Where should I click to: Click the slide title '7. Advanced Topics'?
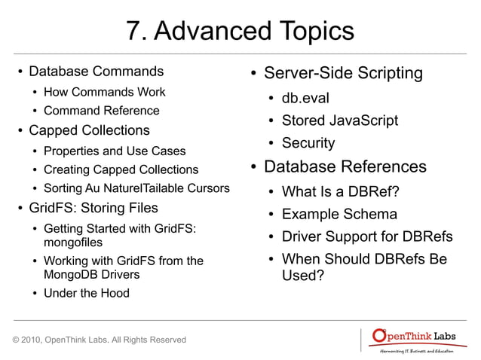[x=240, y=32]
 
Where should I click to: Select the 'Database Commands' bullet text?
[x=96, y=72]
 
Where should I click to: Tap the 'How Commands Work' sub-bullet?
[x=104, y=93]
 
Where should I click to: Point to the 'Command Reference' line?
[x=101, y=111]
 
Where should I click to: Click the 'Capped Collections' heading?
[x=89, y=130]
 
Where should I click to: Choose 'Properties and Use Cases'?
[x=115, y=151]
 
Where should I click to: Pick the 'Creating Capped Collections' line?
[x=121, y=169]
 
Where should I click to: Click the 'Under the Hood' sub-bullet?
[x=86, y=293]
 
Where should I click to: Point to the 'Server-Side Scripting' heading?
[x=343, y=74]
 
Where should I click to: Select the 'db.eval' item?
[x=305, y=99]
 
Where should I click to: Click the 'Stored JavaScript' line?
[x=339, y=121]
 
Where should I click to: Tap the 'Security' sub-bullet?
[x=308, y=143]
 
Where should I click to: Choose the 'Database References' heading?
[x=345, y=166]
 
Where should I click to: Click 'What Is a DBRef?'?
[x=340, y=192]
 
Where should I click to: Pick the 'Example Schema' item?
[x=339, y=215]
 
